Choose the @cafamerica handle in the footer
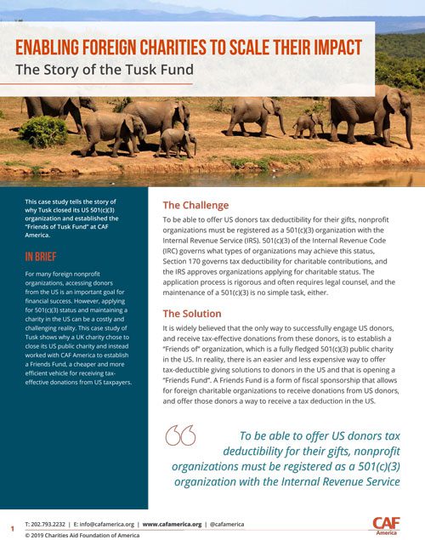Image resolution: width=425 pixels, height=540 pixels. click(x=225, y=524)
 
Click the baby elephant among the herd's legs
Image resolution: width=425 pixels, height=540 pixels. click(x=303, y=125)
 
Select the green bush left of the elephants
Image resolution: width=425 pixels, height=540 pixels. click(x=42, y=132)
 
